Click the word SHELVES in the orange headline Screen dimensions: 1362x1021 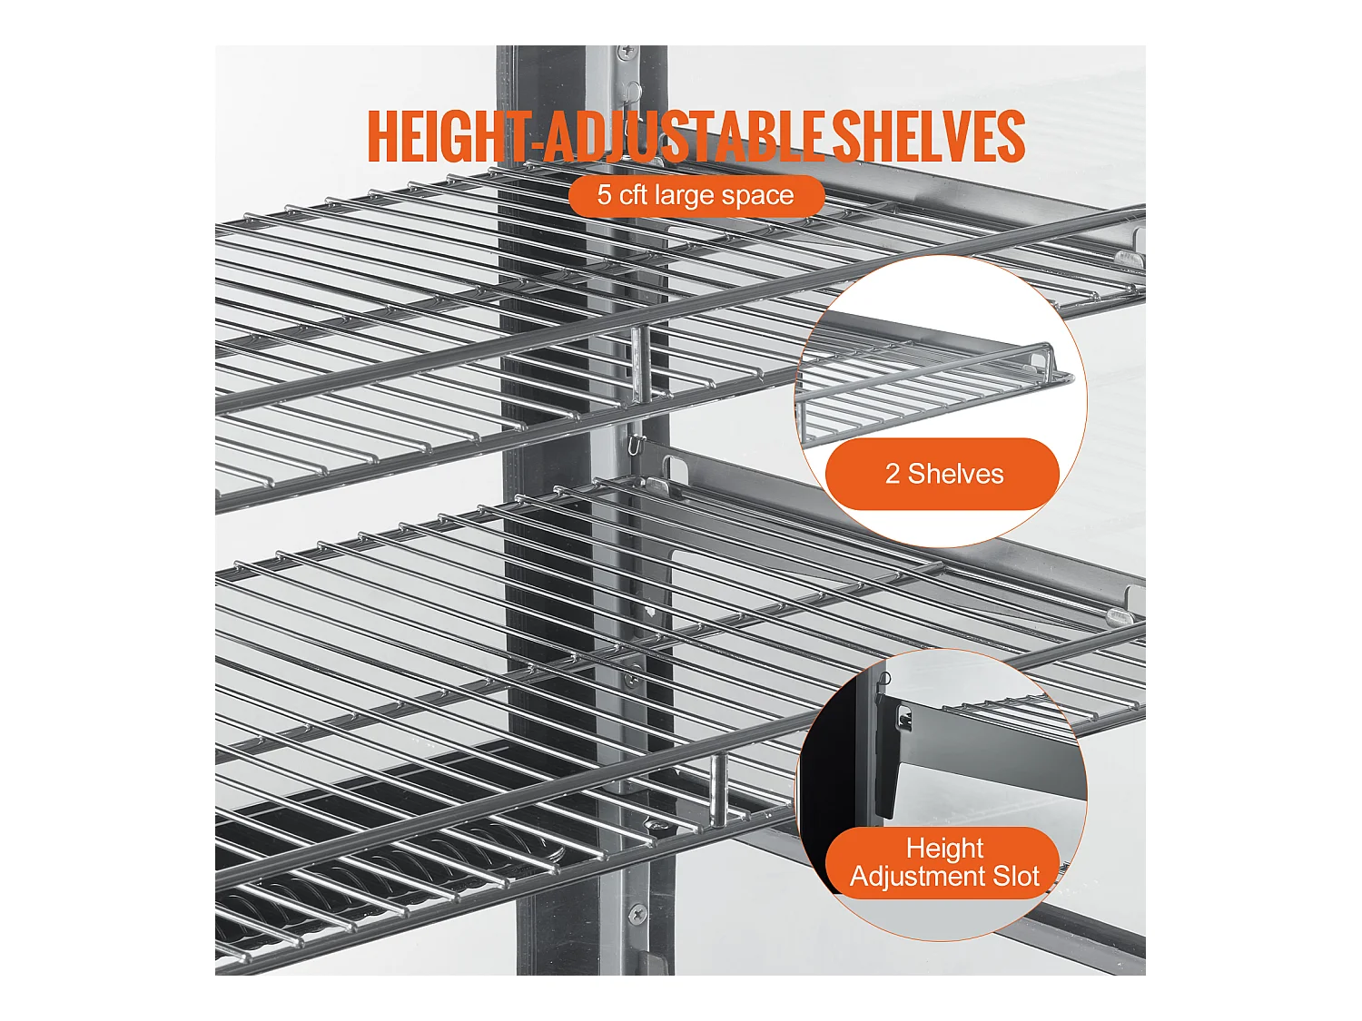(x=927, y=136)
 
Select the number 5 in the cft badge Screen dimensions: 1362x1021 (x=603, y=194)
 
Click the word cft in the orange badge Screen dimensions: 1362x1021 (x=634, y=194)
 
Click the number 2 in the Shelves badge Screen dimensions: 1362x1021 (x=893, y=475)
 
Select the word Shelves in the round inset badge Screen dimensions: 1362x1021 (x=955, y=475)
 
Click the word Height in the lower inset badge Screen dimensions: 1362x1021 (x=944, y=849)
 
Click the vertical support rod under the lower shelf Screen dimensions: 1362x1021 (x=718, y=790)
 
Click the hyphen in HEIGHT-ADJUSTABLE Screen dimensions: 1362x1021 (x=532, y=144)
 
